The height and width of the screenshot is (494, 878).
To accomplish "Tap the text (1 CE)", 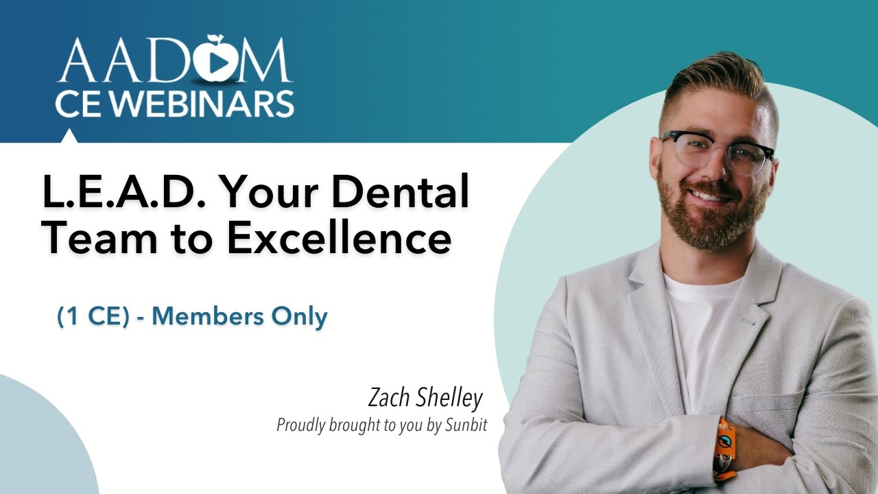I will tap(93, 316).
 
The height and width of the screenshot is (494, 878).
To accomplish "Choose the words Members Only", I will tap(239, 316).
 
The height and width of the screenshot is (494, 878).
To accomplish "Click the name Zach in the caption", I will tap(390, 398).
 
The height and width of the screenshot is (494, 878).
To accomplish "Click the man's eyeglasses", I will tap(717, 151).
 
